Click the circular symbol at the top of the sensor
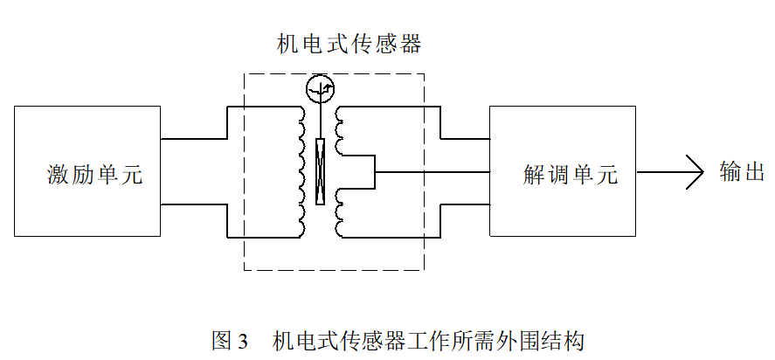tap(320, 88)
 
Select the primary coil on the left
tap(302, 170)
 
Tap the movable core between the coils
tap(321, 171)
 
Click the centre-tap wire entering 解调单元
tap(432, 171)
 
